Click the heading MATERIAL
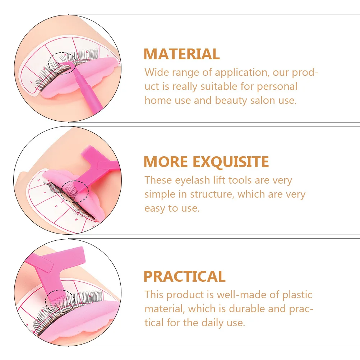coord(181,54)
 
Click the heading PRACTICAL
coord(184,276)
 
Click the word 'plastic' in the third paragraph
coord(297,295)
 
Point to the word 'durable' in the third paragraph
coord(253,309)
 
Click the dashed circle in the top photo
coord(63,63)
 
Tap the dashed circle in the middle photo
coord(74,191)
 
